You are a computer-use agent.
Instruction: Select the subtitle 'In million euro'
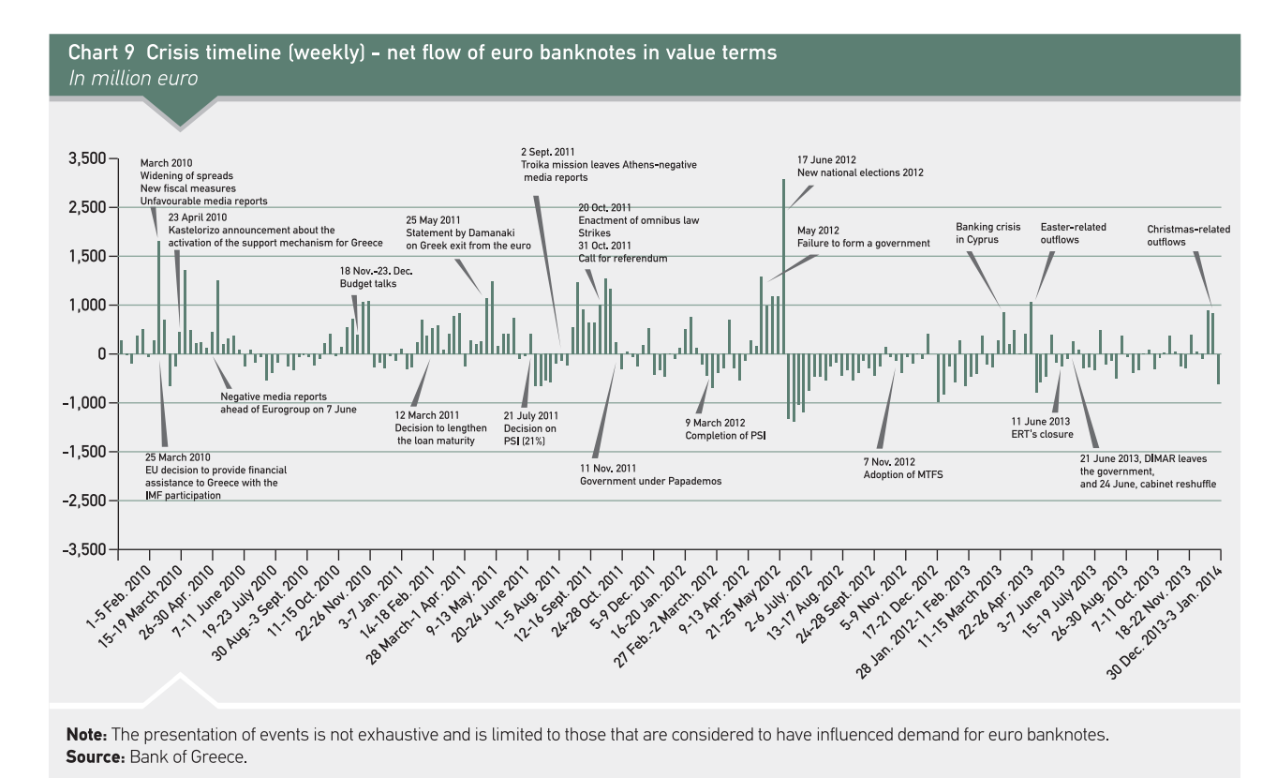tap(133, 78)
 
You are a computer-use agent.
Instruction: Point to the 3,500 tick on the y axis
tap(87, 159)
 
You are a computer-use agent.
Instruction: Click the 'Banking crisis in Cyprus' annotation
tap(977, 233)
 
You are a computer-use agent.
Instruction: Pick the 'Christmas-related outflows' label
tap(1188, 235)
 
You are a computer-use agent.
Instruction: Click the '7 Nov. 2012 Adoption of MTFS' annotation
tap(902, 469)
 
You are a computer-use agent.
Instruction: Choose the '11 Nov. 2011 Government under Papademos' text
tap(650, 474)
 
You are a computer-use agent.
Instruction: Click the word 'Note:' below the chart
tap(87, 735)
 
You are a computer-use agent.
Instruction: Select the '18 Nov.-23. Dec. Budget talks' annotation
tap(376, 277)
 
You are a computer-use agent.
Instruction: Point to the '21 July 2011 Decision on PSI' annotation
tap(530, 427)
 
